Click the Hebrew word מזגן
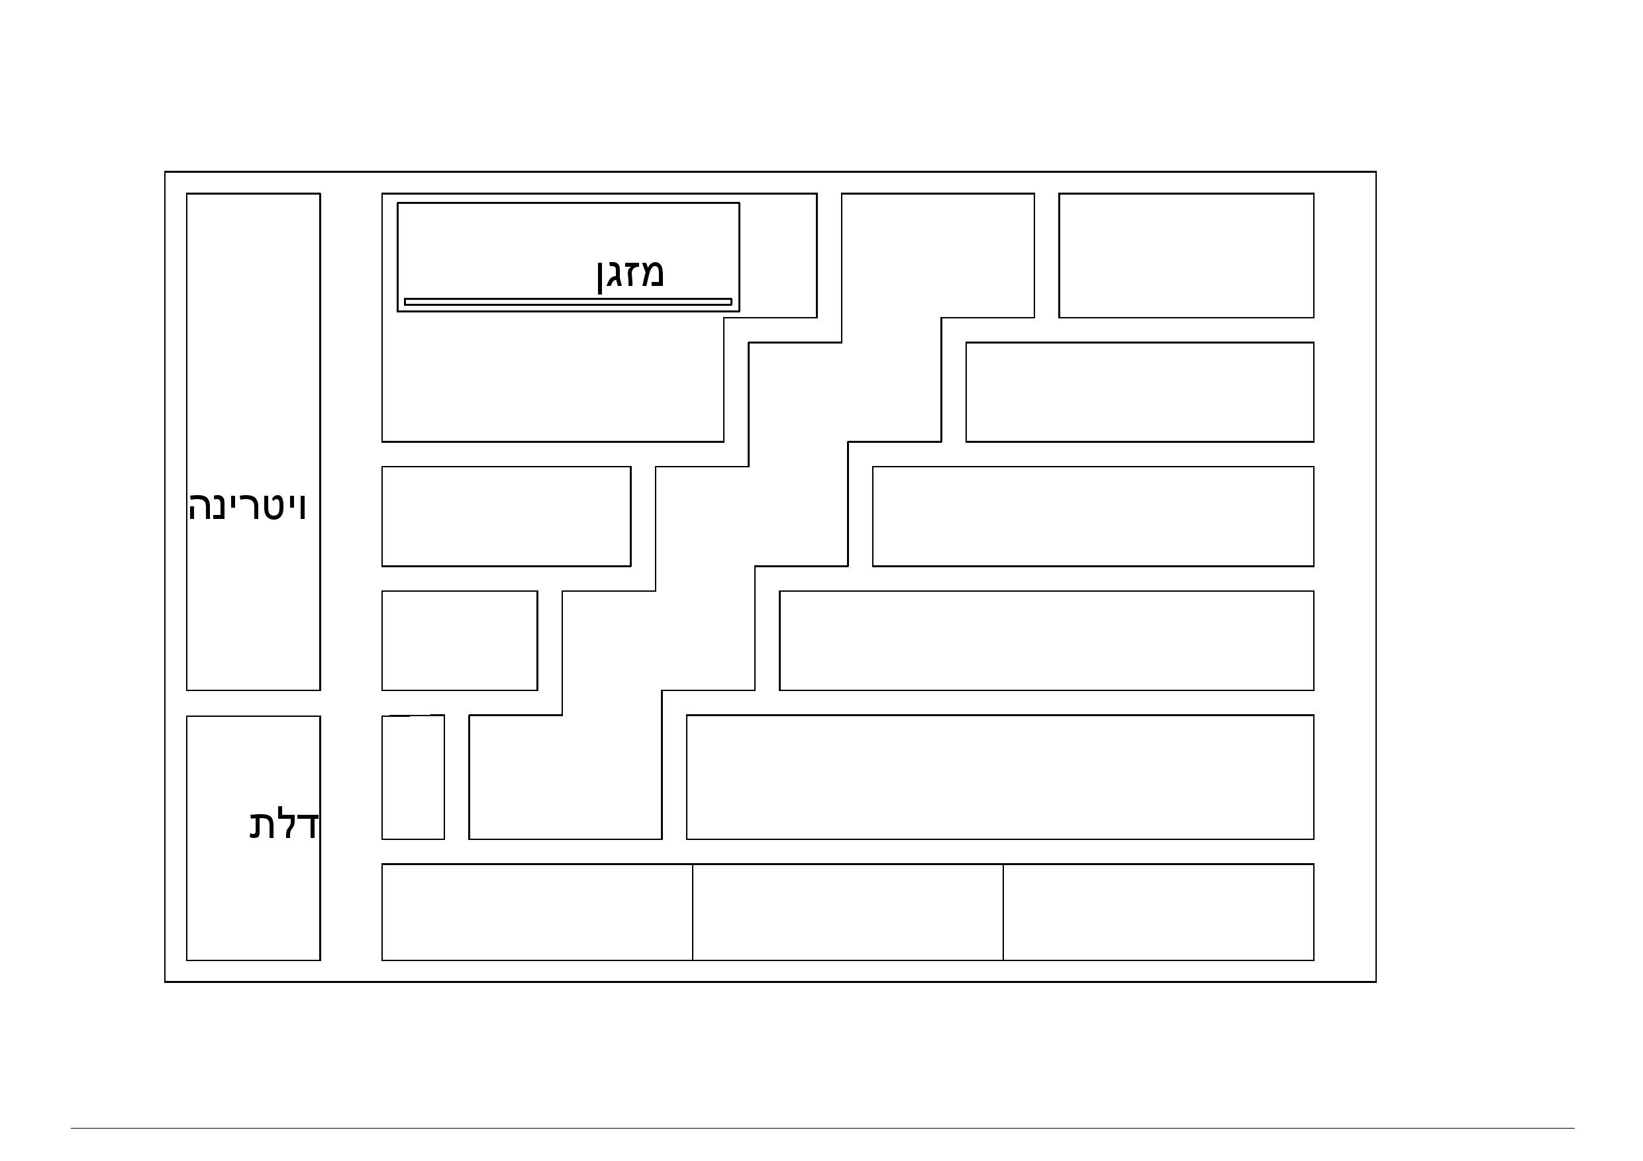coord(630,274)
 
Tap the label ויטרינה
coord(248,506)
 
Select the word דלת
coord(284,825)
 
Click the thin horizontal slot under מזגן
coord(568,302)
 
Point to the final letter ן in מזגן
coord(601,276)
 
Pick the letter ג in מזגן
coord(614,275)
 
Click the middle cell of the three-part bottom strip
coord(847,912)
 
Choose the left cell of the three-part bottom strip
coord(536,912)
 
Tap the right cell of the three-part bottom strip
coord(1158,912)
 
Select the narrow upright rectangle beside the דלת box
coord(413,778)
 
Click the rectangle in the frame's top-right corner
coord(1186,255)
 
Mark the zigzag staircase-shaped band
coord(752,515)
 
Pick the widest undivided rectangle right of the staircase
coord(1000,778)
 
